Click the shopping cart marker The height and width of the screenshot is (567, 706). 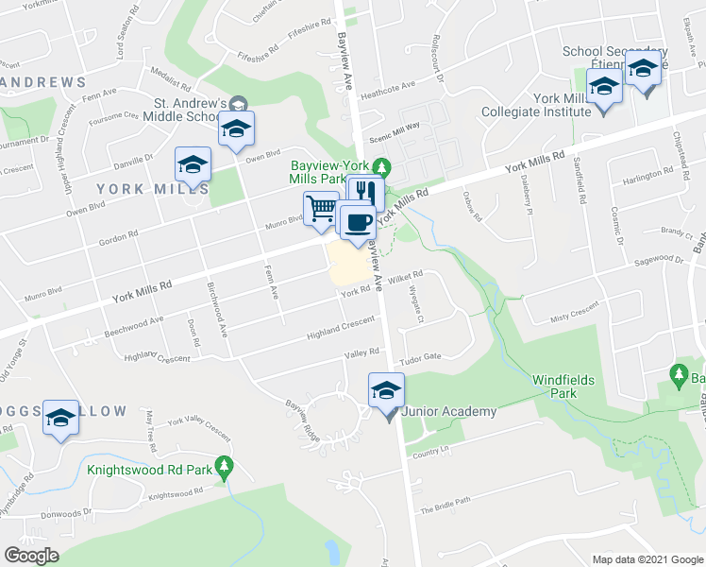(321, 208)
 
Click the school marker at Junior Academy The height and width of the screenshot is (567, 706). (386, 390)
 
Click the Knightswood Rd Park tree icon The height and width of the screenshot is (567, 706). (224, 466)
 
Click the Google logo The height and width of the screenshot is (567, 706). (31, 556)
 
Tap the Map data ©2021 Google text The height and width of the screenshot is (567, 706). (647, 559)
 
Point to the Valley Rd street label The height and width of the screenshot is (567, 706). (361, 352)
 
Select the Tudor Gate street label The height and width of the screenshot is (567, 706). (421, 357)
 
